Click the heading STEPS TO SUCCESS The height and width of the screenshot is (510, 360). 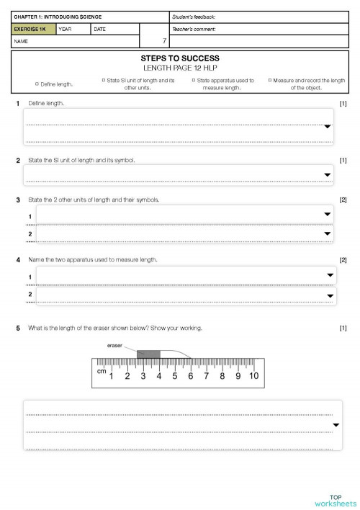pyautogui.click(x=180, y=58)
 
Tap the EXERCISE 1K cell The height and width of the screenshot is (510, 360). pyautogui.click(x=32, y=29)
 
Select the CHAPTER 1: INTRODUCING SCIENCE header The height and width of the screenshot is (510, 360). pyautogui.click(x=58, y=16)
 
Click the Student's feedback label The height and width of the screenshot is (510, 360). pyautogui.click(x=194, y=16)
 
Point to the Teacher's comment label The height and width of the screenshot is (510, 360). pyautogui.click(x=194, y=29)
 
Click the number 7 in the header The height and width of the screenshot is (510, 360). pyautogui.click(x=164, y=41)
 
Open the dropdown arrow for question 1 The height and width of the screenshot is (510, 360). pyautogui.click(x=328, y=127)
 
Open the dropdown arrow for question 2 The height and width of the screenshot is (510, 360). pyautogui.click(x=328, y=174)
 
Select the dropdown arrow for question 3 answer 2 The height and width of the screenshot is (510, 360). pyautogui.click(x=328, y=233)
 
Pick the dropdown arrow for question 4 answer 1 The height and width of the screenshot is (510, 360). pyautogui.click(x=330, y=275)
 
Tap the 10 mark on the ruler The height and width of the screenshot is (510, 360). pyautogui.click(x=253, y=376)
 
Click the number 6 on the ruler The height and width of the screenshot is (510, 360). pyautogui.click(x=191, y=376)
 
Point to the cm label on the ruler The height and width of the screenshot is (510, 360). pyautogui.click(x=102, y=372)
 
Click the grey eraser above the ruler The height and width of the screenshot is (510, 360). pyautogui.click(x=148, y=354)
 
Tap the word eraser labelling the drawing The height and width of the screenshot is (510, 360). pyautogui.click(x=115, y=345)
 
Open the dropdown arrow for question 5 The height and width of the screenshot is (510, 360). pyautogui.click(x=336, y=425)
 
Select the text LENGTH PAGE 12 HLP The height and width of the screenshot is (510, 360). pyautogui.click(x=180, y=67)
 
